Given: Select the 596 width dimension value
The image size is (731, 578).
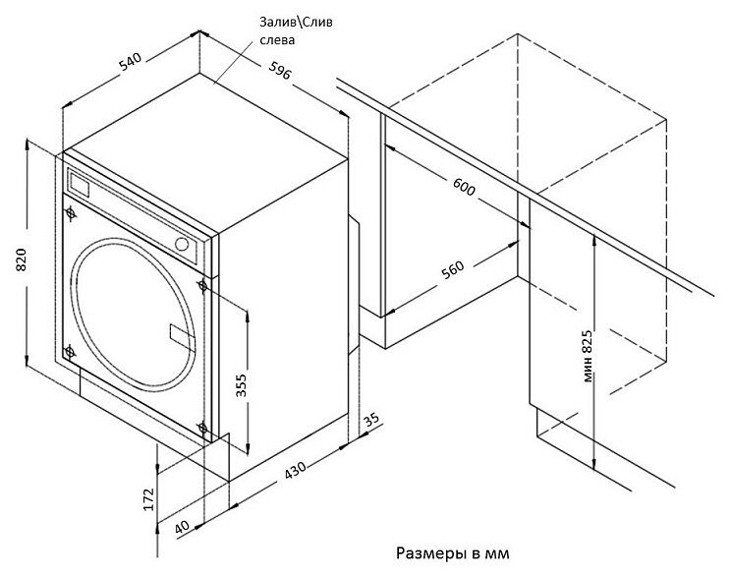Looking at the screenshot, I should click(x=280, y=70).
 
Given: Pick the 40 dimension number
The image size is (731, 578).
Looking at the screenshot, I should click(x=183, y=529).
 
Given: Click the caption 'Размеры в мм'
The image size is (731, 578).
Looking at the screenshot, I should click(x=453, y=553).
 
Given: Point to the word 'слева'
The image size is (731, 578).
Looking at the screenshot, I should click(x=279, y=41).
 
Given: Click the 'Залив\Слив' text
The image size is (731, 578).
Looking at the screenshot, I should click(x=298, y=23).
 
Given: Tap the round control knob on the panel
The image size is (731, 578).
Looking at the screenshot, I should click(x=184, y=243).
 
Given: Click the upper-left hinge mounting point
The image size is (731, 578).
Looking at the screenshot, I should click(x=69, y=209).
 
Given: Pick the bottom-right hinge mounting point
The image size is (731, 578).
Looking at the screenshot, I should click(x=201, y=428).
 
